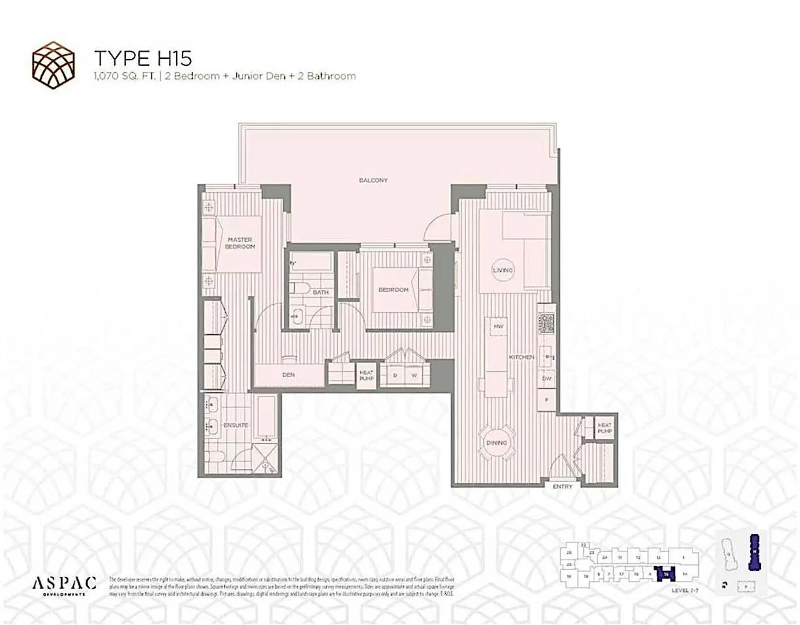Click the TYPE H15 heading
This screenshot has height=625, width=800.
click(143, 58)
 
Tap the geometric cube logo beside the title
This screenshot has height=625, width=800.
click(53, 65)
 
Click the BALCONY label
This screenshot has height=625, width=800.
click(373, 180)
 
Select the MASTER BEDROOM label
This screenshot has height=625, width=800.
click(240, 243)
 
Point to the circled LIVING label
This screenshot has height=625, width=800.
click(503, 270)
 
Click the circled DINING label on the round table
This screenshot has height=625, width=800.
click(497, 443)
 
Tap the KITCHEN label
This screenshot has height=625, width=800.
click(521, 357)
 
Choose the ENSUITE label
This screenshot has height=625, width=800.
click(235, 425)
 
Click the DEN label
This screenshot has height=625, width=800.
click(288, 375)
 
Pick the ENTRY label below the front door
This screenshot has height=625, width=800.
click(562, 486)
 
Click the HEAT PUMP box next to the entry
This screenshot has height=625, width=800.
click(605, 428)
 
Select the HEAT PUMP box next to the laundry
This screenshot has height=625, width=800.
click(367, 376)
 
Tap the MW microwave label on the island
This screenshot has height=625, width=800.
click(498, 326)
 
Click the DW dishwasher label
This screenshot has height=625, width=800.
click(547, 378)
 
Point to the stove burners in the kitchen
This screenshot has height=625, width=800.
click(547, 323)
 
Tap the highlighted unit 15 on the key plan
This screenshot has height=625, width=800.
click(666, 575)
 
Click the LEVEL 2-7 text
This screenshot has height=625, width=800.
click(685, 590)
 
